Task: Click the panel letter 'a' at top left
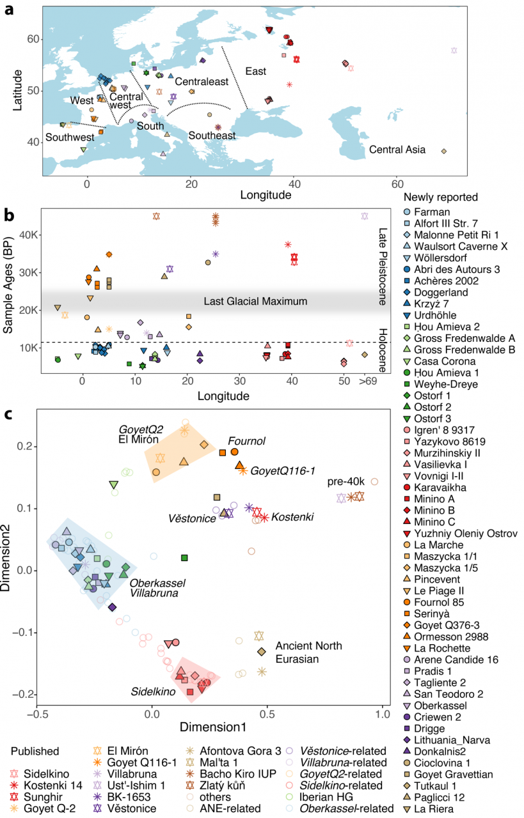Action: pyautogui.click(x=10, y=12)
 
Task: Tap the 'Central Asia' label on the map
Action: pyautogui.click(x=397, y=150)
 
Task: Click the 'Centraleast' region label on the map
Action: pyautogui.click(x=202, y=82)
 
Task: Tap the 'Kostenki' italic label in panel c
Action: pyautogui.click(x=294, y=516)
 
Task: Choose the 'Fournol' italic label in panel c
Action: pyautogui.click(x=246, y=441)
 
